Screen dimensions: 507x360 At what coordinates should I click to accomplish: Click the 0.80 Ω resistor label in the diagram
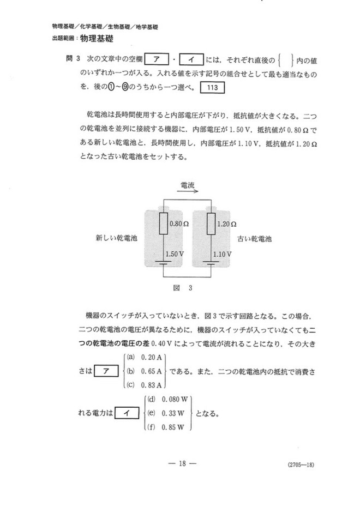[x=178, y=224]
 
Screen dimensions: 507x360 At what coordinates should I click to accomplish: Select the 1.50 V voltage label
[x=175, y=254]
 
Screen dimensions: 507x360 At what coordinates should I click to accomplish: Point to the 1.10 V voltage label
[x=222, y=254]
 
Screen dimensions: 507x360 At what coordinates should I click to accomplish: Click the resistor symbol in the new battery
[x=163, y=224]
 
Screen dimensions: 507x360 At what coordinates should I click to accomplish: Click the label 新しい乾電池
[x=117, y=239]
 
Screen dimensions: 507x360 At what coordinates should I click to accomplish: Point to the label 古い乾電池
[x=254, y=239]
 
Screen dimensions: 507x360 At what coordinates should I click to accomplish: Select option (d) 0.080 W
[x=165, y=400]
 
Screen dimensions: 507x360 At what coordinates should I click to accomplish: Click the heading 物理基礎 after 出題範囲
[x=98, y=38]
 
